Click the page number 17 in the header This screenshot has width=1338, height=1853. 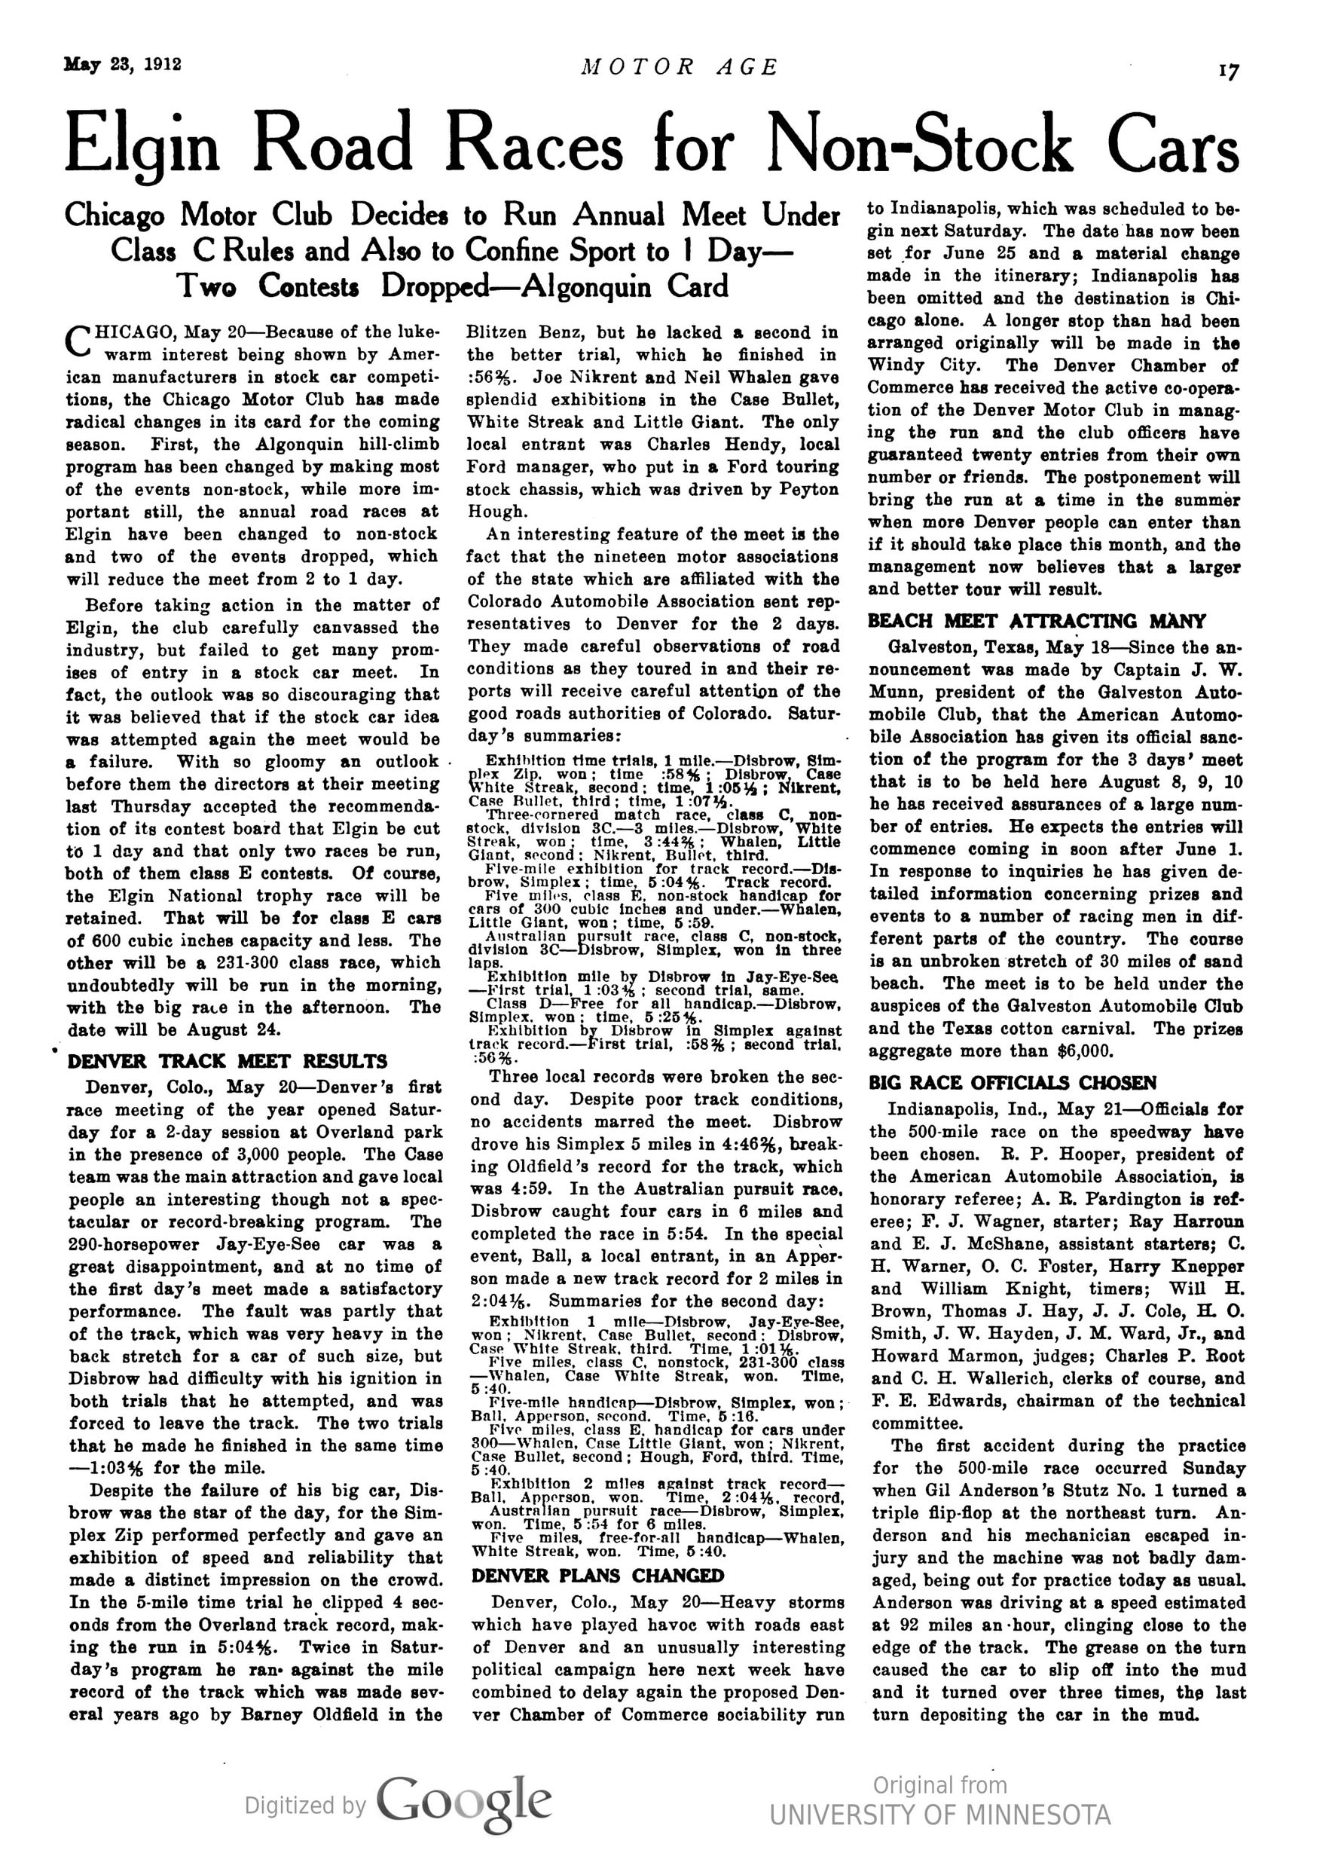click(x=1228, y=72)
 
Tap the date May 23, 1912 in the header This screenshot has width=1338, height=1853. click(x=123, y=65)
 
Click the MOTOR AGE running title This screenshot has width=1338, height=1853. click(x=679, y=67)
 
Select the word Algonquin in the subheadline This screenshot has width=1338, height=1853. click(x=586, y=287)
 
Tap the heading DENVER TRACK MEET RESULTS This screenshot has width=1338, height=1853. click(x=227, y=1061)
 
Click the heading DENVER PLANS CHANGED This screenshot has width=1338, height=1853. click(x=598, y=1575)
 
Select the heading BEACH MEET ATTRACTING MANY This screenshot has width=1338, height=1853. click(x=1037, y=621)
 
